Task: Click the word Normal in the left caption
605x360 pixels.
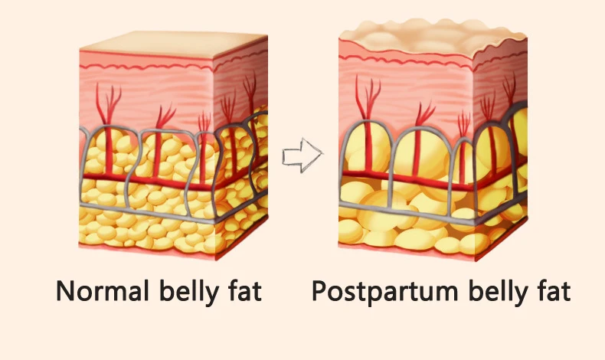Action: point(103,291)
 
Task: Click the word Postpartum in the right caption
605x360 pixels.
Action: point(384,292)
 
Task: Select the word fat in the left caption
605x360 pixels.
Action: point(245,291)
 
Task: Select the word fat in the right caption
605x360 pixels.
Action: point(554,291)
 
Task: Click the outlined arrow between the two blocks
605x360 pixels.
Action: point(302,155)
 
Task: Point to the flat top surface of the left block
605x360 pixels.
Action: point(174,44)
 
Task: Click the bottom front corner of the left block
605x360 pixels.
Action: point(216,260)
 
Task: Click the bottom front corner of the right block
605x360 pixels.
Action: point(476,260)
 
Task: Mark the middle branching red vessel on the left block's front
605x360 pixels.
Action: point(160,142)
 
